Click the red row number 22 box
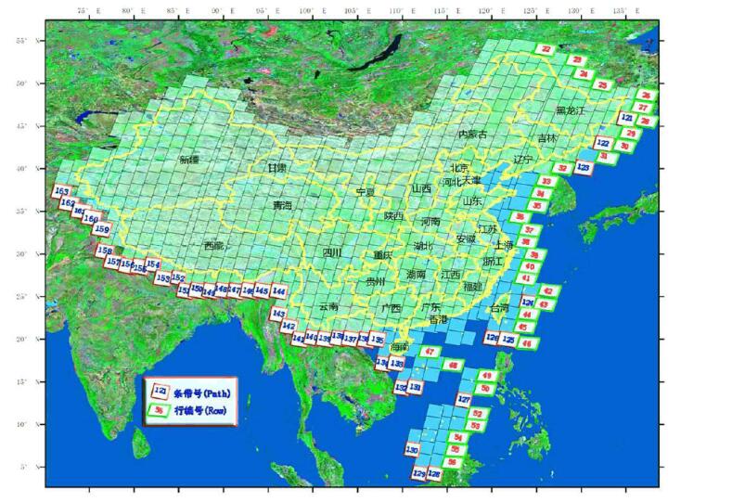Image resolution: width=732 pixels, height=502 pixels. click(x=546, y=49)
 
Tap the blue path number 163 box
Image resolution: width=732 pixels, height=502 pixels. click(x=62, y=192)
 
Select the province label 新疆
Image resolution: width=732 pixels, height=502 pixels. click(x=189, y=160)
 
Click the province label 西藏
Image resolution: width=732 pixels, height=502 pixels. click(x=213, y=246)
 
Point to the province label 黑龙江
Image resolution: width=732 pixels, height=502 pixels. click(x=571, y=109)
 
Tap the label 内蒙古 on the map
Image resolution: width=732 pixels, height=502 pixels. click(x=471, y=135)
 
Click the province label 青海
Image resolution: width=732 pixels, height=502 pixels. click(x=282, y=205)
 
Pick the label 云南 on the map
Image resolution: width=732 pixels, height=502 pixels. click(x=328, y=306)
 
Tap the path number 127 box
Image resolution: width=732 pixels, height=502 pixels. click(x=465, y=400)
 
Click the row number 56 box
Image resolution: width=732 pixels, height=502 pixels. click(x=453, y=462)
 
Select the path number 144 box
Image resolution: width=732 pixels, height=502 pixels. click(x=278, y=291)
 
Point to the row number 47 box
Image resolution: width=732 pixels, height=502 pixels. click(x=430, y=352)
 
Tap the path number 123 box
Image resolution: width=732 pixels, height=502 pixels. click(x=583, y=167)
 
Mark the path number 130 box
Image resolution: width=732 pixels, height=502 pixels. click(x=412, y=450)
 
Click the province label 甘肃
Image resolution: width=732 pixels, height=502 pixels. click(x=276, y=168)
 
